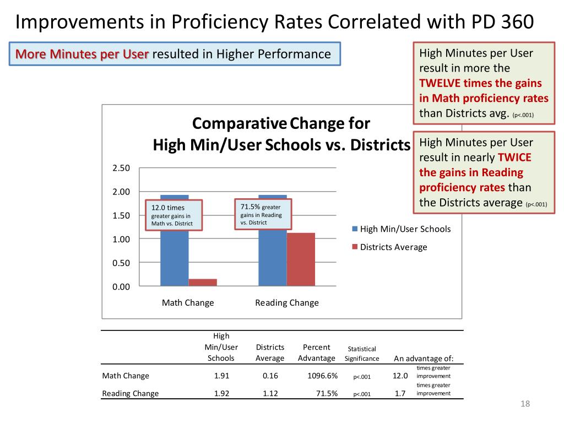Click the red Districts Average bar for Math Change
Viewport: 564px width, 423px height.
[x=203, y=282]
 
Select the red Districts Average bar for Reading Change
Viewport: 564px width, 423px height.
[x=301, y=259]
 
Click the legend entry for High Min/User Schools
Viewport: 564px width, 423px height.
[x=405, y=229]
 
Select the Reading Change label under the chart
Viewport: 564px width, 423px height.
[x=287, y=303]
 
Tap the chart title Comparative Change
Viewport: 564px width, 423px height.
[x=281, y=122]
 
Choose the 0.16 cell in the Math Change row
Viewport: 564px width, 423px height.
[x=270, y=376]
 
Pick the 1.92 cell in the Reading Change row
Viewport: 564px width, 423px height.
[x=221, y=394]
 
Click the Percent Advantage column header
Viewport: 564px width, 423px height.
[x=317, y=352]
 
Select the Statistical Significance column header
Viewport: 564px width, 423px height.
[x=362, y=354]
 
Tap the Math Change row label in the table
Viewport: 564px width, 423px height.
[x=126, y=376]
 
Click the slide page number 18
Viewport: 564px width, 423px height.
[x=525, y=405]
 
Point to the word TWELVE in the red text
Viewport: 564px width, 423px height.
[x=440, y=83]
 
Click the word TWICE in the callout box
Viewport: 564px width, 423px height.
[x=514, y=157]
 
